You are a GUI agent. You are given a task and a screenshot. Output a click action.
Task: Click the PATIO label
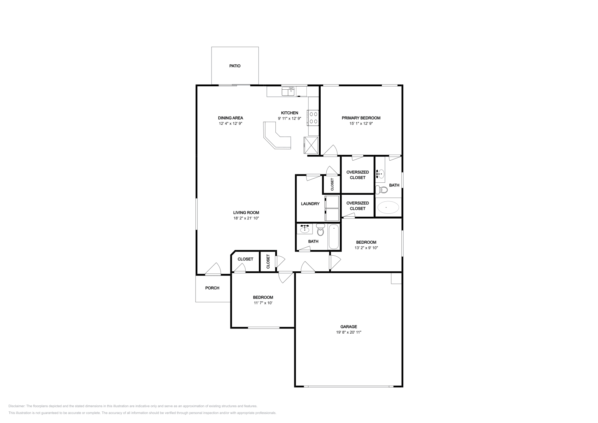[x=235, y=66]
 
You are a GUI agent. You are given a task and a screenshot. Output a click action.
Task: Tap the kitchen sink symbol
[x=288, y=91]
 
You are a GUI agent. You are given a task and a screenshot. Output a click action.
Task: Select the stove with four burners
[x=313, y=117]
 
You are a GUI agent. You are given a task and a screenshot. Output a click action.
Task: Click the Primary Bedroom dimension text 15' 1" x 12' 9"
[x=361, y=123]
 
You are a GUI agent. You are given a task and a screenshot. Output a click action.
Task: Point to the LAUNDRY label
[x=310, y=204]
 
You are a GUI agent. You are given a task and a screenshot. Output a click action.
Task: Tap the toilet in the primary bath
[x=382, y=189]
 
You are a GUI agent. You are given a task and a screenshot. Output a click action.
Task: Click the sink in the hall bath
[x=305, y=229]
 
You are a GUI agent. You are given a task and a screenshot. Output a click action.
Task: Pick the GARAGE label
[x=348, y=327]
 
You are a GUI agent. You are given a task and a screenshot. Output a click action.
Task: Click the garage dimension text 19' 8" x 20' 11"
[x=348, y=332]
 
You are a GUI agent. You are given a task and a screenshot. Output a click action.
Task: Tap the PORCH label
[x=212, y=288]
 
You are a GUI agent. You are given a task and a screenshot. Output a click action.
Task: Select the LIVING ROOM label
[x=246, y=213]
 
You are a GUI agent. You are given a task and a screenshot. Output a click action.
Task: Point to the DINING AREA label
[x=231, y=118]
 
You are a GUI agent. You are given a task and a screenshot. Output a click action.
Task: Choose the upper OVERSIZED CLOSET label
[x=357, y=175]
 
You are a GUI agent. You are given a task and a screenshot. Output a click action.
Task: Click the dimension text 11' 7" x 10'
[x=263, y=303]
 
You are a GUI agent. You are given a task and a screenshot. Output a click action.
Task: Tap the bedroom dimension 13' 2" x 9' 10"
[x=366, y=248]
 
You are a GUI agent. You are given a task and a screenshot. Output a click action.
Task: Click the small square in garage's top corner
[x=396, y=278]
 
